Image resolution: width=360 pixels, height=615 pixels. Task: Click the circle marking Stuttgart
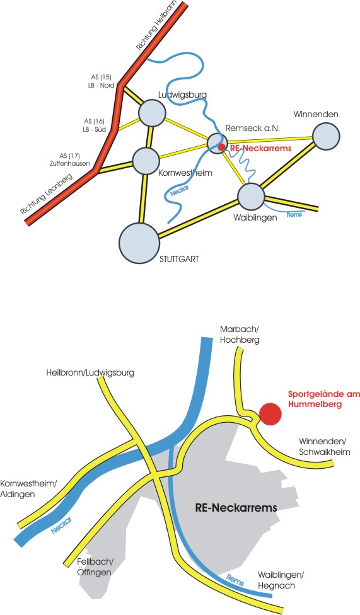click(139, 243)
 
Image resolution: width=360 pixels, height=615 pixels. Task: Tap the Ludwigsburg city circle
click(152, 113)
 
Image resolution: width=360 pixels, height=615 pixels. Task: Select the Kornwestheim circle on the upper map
click(146, 161)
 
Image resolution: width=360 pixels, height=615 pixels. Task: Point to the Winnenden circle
click(326, 136)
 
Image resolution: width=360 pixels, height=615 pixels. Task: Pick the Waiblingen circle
click(251, 197)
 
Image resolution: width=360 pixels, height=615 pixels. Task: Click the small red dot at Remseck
click(222, 147)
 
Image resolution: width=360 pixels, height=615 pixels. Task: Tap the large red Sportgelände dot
click(270, 414)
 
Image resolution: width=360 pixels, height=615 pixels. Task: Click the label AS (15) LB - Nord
click(102, 81)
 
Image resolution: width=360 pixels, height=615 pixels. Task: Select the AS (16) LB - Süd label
click(94, 125)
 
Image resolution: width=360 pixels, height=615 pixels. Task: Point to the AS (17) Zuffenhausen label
click(70, 159)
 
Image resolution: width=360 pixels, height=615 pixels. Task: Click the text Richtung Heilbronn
click(156, 26)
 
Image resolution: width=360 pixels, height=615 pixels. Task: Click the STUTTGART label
click(179, 259)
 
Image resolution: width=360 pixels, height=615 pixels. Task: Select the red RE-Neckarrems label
click(260, 148)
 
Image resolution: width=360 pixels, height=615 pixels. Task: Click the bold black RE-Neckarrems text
click(236, 507)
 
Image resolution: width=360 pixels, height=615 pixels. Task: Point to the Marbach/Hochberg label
click(240, 334)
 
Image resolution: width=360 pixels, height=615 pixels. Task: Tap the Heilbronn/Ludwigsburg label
click(90, 372)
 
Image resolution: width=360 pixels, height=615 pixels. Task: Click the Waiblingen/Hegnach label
click(281, 580)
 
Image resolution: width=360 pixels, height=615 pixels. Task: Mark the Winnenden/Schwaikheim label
click(324, 447)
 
